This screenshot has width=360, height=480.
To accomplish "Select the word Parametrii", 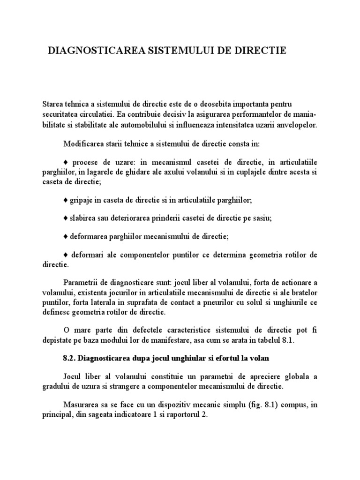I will pyautogui.click(x=80, y=283).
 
